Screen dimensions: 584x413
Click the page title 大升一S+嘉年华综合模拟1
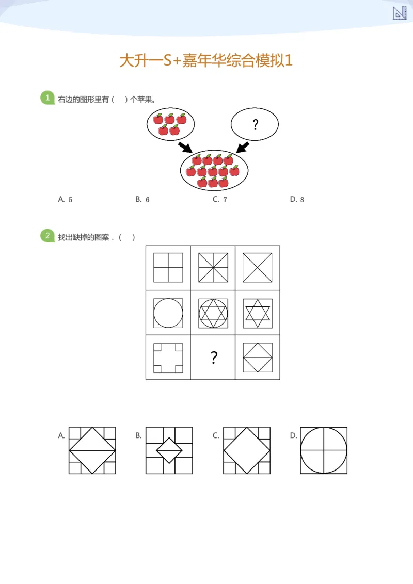coord(206,61)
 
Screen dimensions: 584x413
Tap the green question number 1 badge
coord(47,98)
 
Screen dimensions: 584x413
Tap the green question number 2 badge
coord(47,236)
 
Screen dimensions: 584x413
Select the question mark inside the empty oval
coord(255,124)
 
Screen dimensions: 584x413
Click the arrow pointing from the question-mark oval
coord(242,147)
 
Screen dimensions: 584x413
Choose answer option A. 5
coord(66,199)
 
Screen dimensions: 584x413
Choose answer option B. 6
coord(142,199)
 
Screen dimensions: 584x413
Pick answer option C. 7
coord(220,199)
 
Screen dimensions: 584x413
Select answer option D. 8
coord(297,199)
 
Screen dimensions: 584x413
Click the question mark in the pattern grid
coord(213,358)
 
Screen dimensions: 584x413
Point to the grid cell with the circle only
coord(168,313)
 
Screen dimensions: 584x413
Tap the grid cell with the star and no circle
coord(257,313)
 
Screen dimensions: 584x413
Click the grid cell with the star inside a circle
coord(213,313)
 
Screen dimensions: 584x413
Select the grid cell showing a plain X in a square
coord(257,268)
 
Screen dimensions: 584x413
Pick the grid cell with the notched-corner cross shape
coord(168,358)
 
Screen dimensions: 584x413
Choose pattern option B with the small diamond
coord(169,450)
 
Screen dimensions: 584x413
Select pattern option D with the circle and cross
coord(323,450)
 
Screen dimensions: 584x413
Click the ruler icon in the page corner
coord(400,13)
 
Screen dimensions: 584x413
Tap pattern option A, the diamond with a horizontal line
coord(92,450)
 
